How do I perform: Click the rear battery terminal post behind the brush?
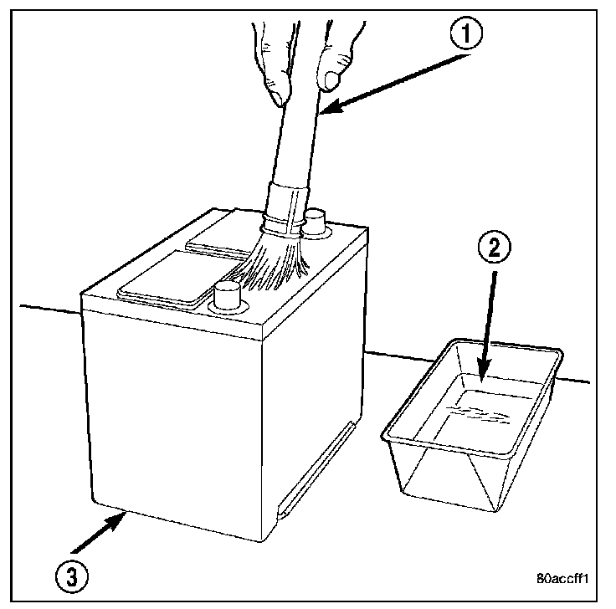[x=314, y=223]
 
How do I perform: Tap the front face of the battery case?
[x=176, y=418]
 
